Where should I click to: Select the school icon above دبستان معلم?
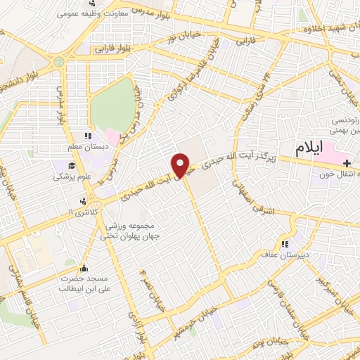tap(87, 136)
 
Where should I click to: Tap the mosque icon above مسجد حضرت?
tap(85, 268)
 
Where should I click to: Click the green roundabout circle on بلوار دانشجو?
tap(58, 62)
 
